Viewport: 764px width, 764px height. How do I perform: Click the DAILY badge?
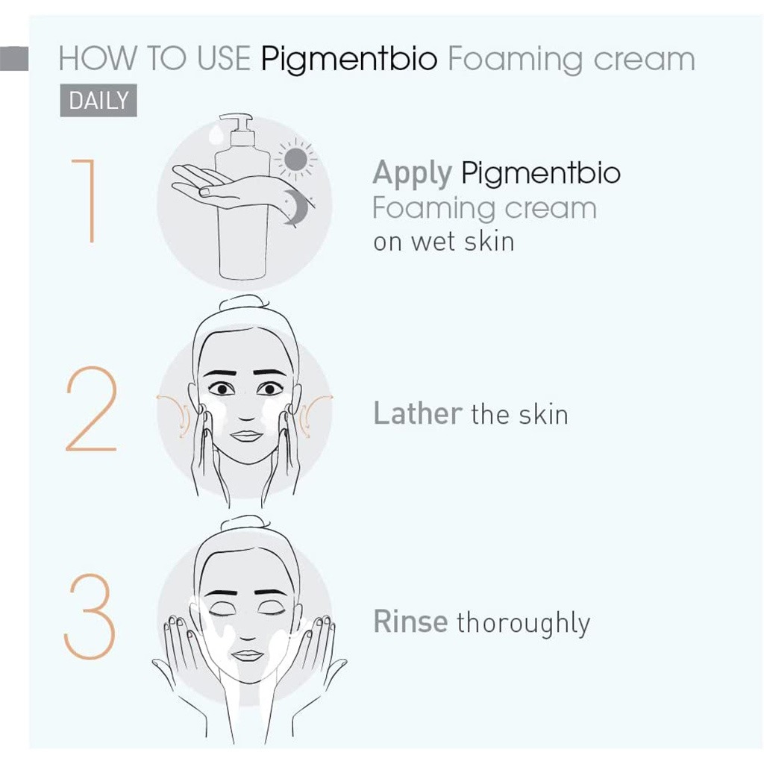[98, 100]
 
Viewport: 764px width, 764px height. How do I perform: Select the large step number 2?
[91, 410]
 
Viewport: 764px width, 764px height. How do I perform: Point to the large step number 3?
[90, 616]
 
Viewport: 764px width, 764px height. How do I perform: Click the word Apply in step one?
[412, 174]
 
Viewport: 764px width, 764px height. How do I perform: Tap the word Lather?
[417, 413]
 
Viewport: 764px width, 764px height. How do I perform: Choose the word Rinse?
[410, 621]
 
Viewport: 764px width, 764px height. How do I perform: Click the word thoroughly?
[523, 624]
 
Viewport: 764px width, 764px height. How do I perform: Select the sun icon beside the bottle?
[295, 159]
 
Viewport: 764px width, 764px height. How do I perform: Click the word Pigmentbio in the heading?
[349, 60]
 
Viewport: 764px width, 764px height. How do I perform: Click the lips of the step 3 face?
[248, 655]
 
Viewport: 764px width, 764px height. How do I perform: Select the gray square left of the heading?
[14, 60]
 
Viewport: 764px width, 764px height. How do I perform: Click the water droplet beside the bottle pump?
[216, 134]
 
